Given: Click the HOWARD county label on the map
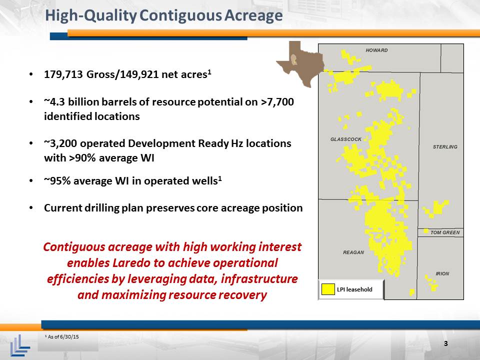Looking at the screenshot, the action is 376,50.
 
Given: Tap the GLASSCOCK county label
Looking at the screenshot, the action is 346,139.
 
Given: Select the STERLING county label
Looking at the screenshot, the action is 445,147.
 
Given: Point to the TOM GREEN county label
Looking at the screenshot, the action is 445,232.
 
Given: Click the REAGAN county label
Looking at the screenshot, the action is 353,252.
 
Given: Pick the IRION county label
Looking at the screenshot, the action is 442,273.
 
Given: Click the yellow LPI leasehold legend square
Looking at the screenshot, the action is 328,289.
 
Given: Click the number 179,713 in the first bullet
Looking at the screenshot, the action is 63,74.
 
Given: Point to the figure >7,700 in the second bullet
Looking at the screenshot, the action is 277,101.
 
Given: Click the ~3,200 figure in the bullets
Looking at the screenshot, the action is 60,143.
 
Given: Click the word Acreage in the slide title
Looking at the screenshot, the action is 253,15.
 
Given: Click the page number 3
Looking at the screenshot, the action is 445,343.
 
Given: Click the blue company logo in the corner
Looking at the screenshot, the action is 20,345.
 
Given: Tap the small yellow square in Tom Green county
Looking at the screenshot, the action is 426,231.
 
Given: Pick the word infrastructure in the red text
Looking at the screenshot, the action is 259,279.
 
